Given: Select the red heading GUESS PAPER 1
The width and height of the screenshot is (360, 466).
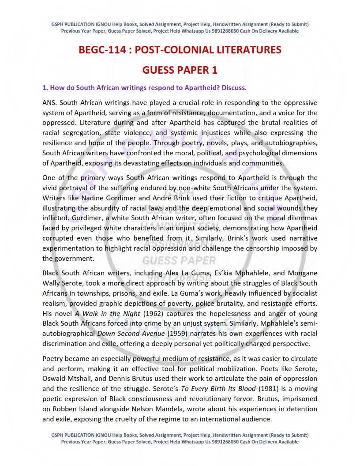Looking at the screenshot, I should [x=180, y=70].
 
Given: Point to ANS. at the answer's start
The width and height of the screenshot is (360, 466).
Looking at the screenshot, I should [x=50, y=102].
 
